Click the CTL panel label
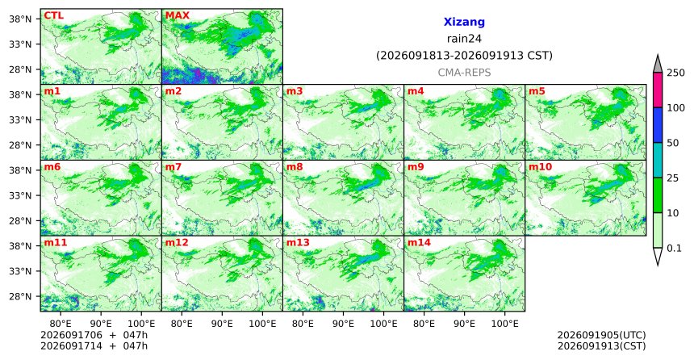(53, 16)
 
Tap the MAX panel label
(178, 16)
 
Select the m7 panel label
(173, 167)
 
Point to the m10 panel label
(541, 167)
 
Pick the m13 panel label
(298, 243)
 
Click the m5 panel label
(537, 91)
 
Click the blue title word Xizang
(464, 22)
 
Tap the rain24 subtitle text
(464, 39)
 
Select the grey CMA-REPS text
(464, 72)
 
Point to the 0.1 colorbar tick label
(674, 248)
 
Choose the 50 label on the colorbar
(673, 143)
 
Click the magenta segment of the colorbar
(658, 90)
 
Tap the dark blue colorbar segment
(658, 125)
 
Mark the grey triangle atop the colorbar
(658, 65)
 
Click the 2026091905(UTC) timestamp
(601, 335)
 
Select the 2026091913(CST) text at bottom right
(601, 345)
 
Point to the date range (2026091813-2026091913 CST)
(464, 56)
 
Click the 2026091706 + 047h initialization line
(94, 335)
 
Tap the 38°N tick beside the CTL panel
(20, 19)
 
